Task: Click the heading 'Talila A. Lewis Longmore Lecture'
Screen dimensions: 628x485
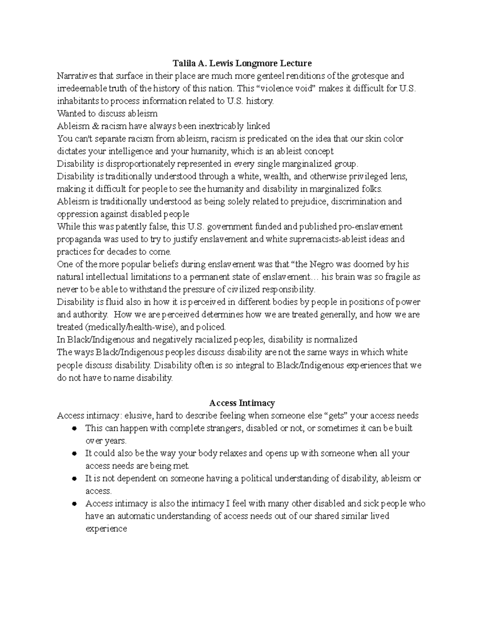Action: click(242, 63)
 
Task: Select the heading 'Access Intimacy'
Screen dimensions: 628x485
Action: click(242, 403)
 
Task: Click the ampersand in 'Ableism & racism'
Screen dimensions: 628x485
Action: click(95, 126)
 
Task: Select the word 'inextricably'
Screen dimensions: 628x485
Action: click(222, 126)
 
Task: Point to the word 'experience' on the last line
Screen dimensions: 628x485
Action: click(106, 529)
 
